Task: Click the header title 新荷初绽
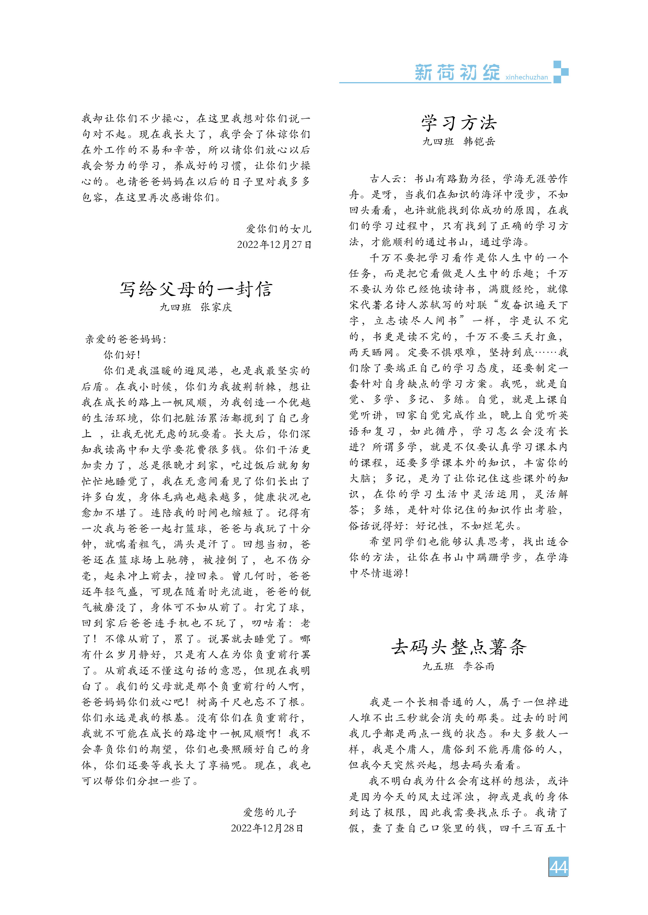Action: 458,73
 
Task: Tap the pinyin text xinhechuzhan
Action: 526,77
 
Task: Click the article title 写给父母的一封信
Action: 196,289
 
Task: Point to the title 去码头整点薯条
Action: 459,647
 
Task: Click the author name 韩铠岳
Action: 479,142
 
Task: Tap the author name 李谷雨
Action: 479,666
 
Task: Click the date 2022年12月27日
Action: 274,245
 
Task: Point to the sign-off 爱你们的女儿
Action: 278,229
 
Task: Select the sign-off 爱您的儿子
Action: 270,812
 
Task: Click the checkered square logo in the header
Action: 561,72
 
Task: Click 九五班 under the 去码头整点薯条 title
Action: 438,666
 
